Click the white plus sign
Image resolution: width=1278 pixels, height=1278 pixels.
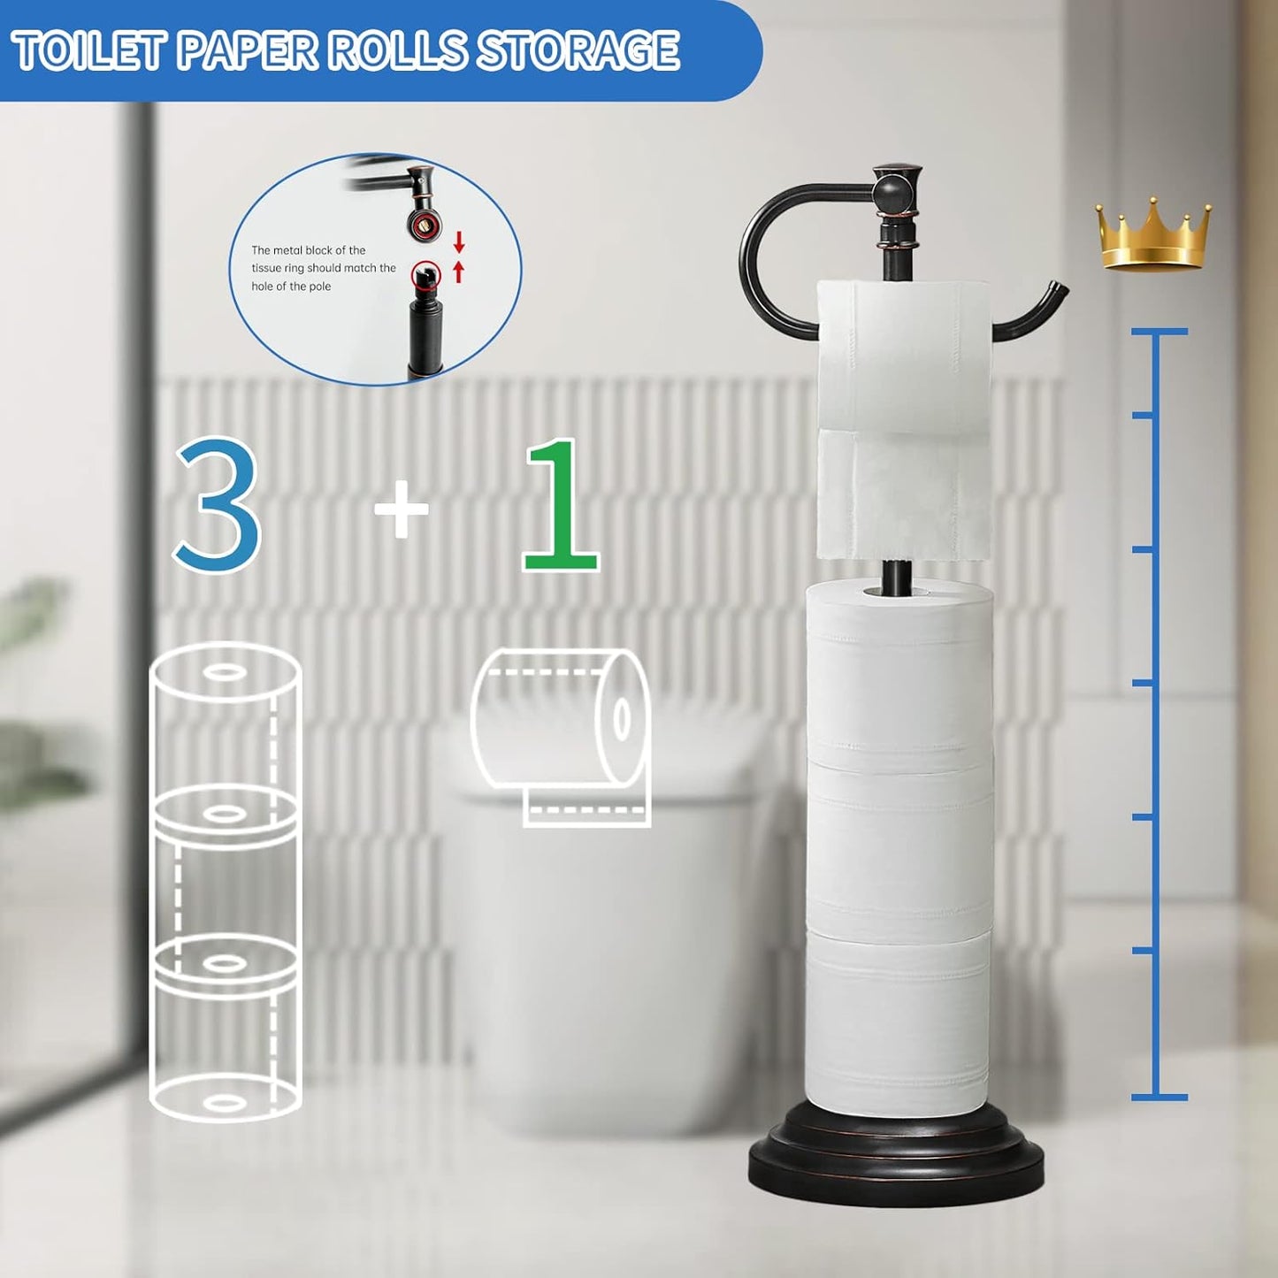coord(402,509)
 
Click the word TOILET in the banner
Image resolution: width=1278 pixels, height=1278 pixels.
coord(88,50)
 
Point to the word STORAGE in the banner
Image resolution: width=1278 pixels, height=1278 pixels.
coord(579,50)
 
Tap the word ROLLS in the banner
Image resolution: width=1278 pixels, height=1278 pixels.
coord(397,50)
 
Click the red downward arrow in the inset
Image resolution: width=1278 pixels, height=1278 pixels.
coord(459,241)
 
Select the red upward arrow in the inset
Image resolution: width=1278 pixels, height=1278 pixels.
coord(458,271)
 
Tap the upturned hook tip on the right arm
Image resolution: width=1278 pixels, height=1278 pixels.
coord(1057,292)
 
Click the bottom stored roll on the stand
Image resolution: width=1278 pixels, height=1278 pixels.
coord(897,1017)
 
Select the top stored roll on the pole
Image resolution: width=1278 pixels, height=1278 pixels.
coord(899,672)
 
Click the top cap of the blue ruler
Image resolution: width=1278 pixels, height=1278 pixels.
coord(1159,332)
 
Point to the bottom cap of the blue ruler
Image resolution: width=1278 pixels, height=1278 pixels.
coord(1159,1098)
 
